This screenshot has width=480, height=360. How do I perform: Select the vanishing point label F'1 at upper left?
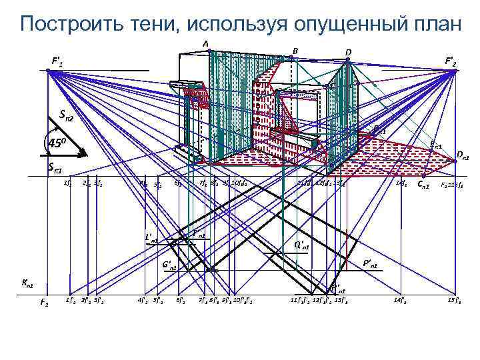coord(57,62)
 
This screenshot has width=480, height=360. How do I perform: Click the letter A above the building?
coord(206,44)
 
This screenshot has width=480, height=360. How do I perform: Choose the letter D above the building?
coord(348,52)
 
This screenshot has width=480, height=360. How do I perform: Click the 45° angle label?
coord(56,143)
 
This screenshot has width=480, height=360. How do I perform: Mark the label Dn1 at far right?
coord(463,156)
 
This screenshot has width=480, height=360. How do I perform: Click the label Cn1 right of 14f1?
coord(422,183)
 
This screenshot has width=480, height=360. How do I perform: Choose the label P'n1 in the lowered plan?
coord(370,265)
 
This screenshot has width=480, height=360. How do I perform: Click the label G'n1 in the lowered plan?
coord(169,265)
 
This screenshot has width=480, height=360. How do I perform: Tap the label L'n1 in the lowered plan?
coord(152,237)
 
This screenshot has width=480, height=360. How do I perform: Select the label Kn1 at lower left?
coord(27,284)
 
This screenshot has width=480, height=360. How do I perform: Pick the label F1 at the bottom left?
coord(44,303)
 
